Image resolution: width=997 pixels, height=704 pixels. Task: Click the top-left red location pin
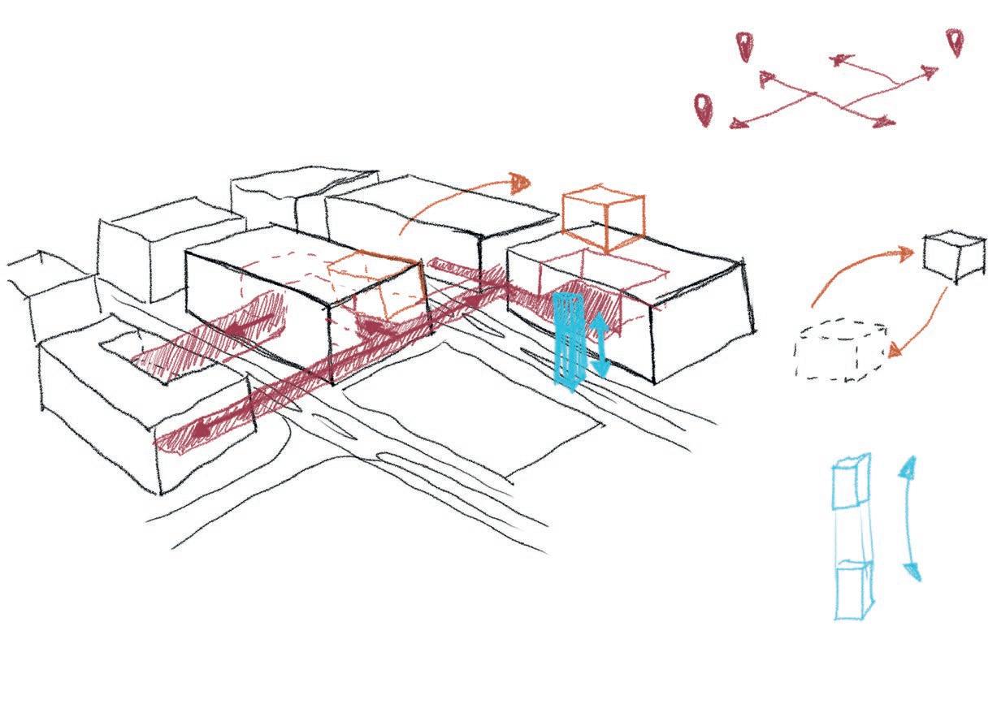(743, 45)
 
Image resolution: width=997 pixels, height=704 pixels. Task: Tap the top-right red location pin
(955, 42)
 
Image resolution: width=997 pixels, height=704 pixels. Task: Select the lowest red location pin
(702, 108)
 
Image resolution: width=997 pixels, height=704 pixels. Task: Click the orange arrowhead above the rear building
(519, 182)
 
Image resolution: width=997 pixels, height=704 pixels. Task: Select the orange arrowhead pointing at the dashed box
(894, 351)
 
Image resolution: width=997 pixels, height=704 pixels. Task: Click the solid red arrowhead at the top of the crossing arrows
(837, 59)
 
